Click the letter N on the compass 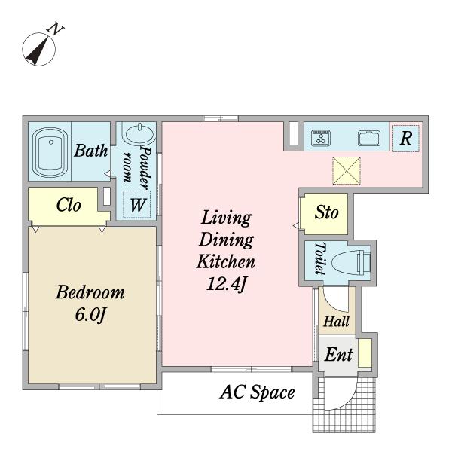tap(55, 29)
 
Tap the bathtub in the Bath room tap(50, 151)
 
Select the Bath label tap(91, 151)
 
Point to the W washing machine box tap(137, 205)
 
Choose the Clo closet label tap(69, 205)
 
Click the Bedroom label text tap(90, 292)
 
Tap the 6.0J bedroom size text tap(91, 314)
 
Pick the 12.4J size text tap(227, 284)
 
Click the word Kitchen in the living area tap(226, 261)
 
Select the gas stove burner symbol tap(321, 138)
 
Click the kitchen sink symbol tap(369, 138)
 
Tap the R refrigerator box tap(406, 139)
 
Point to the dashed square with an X tap(347, 170)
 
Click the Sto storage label tap(327, 212)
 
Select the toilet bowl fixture tap(351, 262)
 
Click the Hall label tap(337, 322)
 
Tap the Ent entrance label tap(339, 354)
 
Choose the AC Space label tap(258, 393)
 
